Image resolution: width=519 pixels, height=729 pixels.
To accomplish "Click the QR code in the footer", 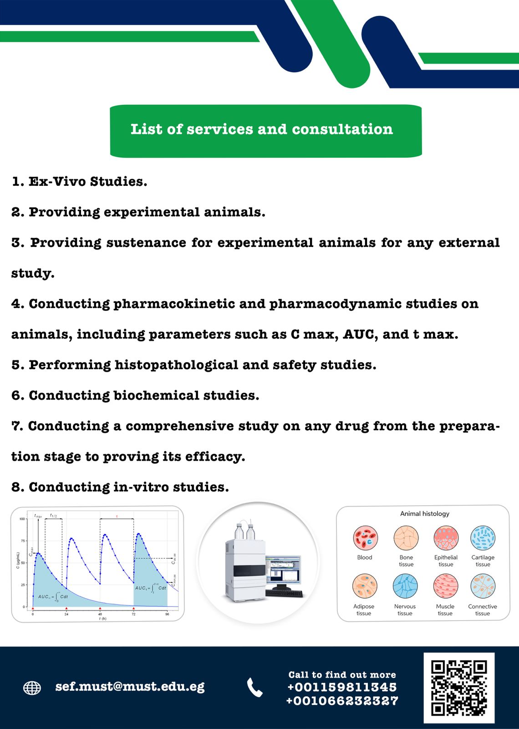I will [459, 688].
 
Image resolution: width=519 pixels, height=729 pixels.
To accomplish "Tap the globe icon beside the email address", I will [32, 688].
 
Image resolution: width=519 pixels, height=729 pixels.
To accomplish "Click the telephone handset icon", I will [254, 688].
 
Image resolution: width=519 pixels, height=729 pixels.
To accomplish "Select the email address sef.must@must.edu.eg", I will [130, 687].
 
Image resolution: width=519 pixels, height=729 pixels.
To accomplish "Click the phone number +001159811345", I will [342, 687].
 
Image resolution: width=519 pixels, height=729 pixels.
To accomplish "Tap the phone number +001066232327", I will [342, 701].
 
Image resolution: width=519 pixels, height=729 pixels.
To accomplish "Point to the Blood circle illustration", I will [365, 538].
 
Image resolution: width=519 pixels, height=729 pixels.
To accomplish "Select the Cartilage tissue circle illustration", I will [483, 538].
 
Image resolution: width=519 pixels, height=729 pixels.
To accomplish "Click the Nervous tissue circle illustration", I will [405, 586].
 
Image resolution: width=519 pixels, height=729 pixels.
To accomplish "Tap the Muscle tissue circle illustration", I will [445, 586].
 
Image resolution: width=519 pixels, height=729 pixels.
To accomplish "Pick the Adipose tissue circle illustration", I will [365, 586].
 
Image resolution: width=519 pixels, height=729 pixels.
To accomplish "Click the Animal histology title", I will [424, 513].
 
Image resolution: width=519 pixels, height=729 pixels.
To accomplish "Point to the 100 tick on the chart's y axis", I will [22, 519].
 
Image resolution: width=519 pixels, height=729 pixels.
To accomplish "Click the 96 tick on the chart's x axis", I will [167, 614].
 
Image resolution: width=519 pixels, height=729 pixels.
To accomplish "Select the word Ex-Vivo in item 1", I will [57, 181].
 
